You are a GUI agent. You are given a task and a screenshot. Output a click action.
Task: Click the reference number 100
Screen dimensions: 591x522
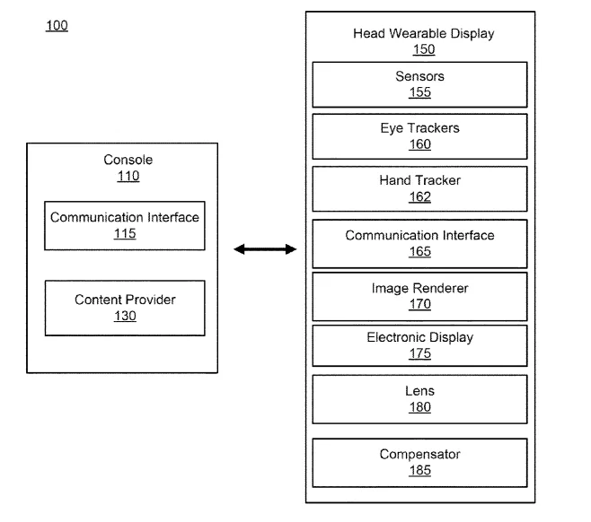(x=57, y=26)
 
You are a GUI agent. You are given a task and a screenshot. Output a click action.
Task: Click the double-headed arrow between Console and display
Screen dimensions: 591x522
(x=265, y=249)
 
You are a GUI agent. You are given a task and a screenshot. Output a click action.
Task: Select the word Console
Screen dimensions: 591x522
(x=128, y=160)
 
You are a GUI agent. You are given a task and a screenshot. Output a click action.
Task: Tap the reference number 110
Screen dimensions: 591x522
(x=128, y=176)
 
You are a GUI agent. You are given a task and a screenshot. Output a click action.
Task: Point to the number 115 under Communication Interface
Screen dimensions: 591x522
(x=125, y=234)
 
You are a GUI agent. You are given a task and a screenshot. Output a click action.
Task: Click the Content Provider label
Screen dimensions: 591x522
(x=125, y=300)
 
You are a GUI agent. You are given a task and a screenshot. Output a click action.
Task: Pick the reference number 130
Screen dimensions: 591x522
(x=125, y=316)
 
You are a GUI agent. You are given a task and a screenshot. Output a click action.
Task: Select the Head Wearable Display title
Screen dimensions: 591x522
(x=424, y=34)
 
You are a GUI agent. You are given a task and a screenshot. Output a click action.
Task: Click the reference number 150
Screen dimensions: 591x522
(x=424, y=49)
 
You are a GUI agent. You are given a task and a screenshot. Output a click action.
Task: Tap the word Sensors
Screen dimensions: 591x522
(x=419, y=76)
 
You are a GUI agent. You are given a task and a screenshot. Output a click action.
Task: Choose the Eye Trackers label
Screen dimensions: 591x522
(x=419, y=128)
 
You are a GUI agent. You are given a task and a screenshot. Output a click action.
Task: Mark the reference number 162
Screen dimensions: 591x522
(x=419, y=196)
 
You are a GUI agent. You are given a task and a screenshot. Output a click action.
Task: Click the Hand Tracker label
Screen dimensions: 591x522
(x=419, y=180)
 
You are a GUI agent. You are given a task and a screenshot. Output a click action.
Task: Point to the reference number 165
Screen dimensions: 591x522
(x=419, y=251)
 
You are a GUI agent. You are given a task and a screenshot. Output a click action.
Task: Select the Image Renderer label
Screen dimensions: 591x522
(x=419, y=288)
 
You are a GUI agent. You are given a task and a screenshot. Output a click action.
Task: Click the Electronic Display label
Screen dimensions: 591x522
(x=419, y=337)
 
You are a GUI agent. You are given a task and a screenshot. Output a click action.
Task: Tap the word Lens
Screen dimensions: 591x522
(x=419, y=391)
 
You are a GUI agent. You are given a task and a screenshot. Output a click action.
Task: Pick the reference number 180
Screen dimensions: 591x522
(x=419, y=407)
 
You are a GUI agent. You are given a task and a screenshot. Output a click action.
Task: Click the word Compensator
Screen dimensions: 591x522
(x=419, y=455)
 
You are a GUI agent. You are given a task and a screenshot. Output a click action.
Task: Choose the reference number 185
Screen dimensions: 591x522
(x=419, y=471)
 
